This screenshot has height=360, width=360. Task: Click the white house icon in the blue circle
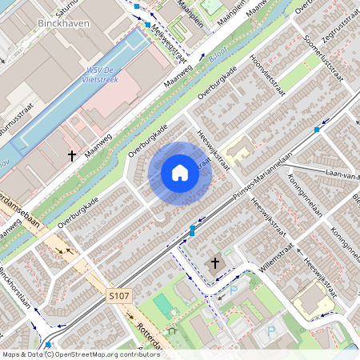[x=180, y=173]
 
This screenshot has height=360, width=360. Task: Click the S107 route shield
[x=118, y=296]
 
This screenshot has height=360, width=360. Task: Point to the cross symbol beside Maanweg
[x=72, y=154]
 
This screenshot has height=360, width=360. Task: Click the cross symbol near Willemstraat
[x=214, y=262]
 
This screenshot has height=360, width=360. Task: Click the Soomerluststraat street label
[x=316, y=53]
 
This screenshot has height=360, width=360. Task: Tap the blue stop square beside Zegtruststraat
[x=318, y=128]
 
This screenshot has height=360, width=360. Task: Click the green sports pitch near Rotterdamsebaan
[x=163, y=305]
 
